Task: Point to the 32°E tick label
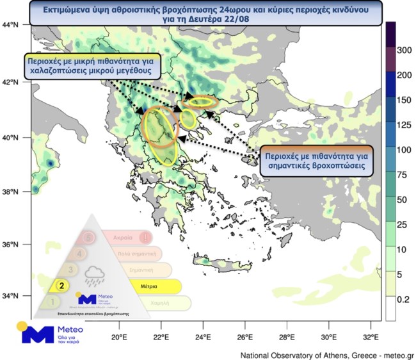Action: (x=371, y=338)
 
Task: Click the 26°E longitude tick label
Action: (x=245, y=338)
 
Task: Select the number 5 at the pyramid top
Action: (x=89, y=237)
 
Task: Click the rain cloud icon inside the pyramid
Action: (x=95, y=275)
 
